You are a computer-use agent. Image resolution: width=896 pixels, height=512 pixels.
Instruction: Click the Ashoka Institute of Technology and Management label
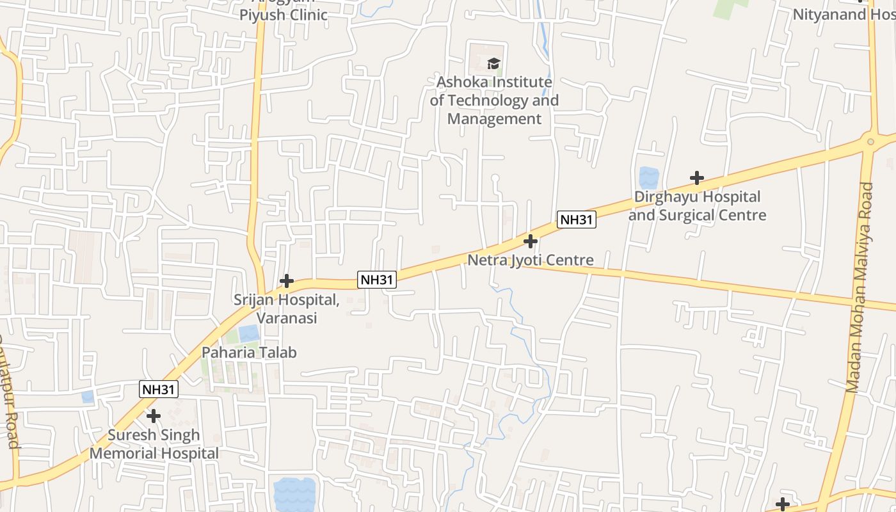494,100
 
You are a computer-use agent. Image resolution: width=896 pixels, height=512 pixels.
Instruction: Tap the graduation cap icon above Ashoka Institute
493,63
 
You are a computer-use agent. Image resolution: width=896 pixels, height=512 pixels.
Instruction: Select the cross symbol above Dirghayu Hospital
697,178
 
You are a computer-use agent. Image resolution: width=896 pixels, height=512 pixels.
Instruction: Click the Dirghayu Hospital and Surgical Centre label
697,206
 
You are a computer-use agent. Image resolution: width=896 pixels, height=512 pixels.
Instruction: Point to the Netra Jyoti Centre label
531,260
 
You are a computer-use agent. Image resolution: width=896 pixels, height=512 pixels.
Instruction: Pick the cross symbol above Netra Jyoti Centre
531,241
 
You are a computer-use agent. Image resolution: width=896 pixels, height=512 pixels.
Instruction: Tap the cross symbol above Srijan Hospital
287,281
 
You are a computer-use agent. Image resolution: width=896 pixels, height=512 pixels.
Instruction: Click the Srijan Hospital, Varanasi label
286,308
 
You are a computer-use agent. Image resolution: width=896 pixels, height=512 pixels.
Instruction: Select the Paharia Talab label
249,352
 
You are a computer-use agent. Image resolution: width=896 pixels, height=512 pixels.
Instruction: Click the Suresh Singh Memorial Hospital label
154,444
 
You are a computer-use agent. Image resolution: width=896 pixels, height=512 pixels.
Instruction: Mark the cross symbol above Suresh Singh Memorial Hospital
154,417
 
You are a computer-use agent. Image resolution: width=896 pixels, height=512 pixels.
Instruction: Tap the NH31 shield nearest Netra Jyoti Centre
577,220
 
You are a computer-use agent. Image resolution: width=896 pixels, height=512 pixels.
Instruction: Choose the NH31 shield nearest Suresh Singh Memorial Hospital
159,389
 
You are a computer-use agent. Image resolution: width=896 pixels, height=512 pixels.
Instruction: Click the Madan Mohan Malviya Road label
859,288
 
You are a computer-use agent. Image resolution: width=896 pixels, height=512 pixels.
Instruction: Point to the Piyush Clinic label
284,15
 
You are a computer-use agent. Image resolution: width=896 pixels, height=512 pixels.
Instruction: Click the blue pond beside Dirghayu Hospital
648,177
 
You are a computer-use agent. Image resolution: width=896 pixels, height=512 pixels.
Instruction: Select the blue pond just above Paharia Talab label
249,333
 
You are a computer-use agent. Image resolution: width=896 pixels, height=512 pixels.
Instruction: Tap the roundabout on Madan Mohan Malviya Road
870,141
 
